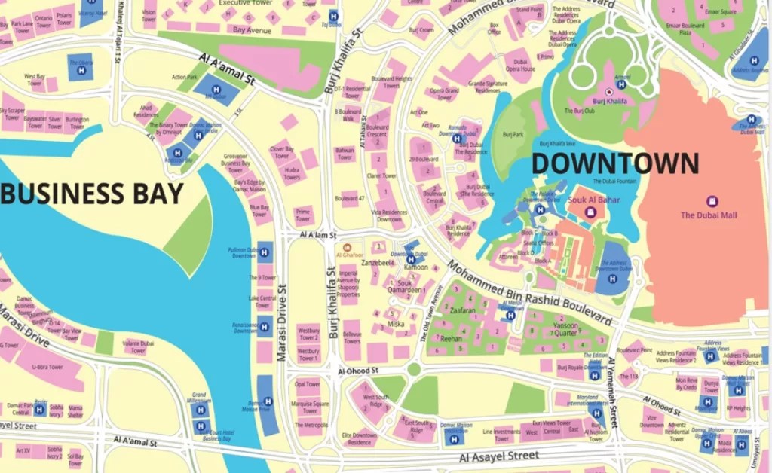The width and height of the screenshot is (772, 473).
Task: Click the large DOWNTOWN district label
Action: [x=615, y=163]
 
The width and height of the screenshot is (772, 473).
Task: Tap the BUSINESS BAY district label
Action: [x=91, y=194]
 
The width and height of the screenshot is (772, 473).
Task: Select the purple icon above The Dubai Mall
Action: [x=711, y=201]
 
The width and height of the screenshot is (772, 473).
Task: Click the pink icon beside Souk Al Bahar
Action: [x=591, y=212]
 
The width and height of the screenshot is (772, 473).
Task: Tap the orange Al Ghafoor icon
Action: [x=347, y=247]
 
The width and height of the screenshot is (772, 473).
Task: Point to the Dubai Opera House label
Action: [x=520, y=65]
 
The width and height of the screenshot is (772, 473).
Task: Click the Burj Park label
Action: [x=513, y=135]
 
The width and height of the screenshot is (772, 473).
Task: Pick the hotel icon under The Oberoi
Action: [x=81, y=70]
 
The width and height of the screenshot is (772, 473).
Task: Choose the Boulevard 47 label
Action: [x=350, y=198]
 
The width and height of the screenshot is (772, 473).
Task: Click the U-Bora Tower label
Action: [x=47, y=368]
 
